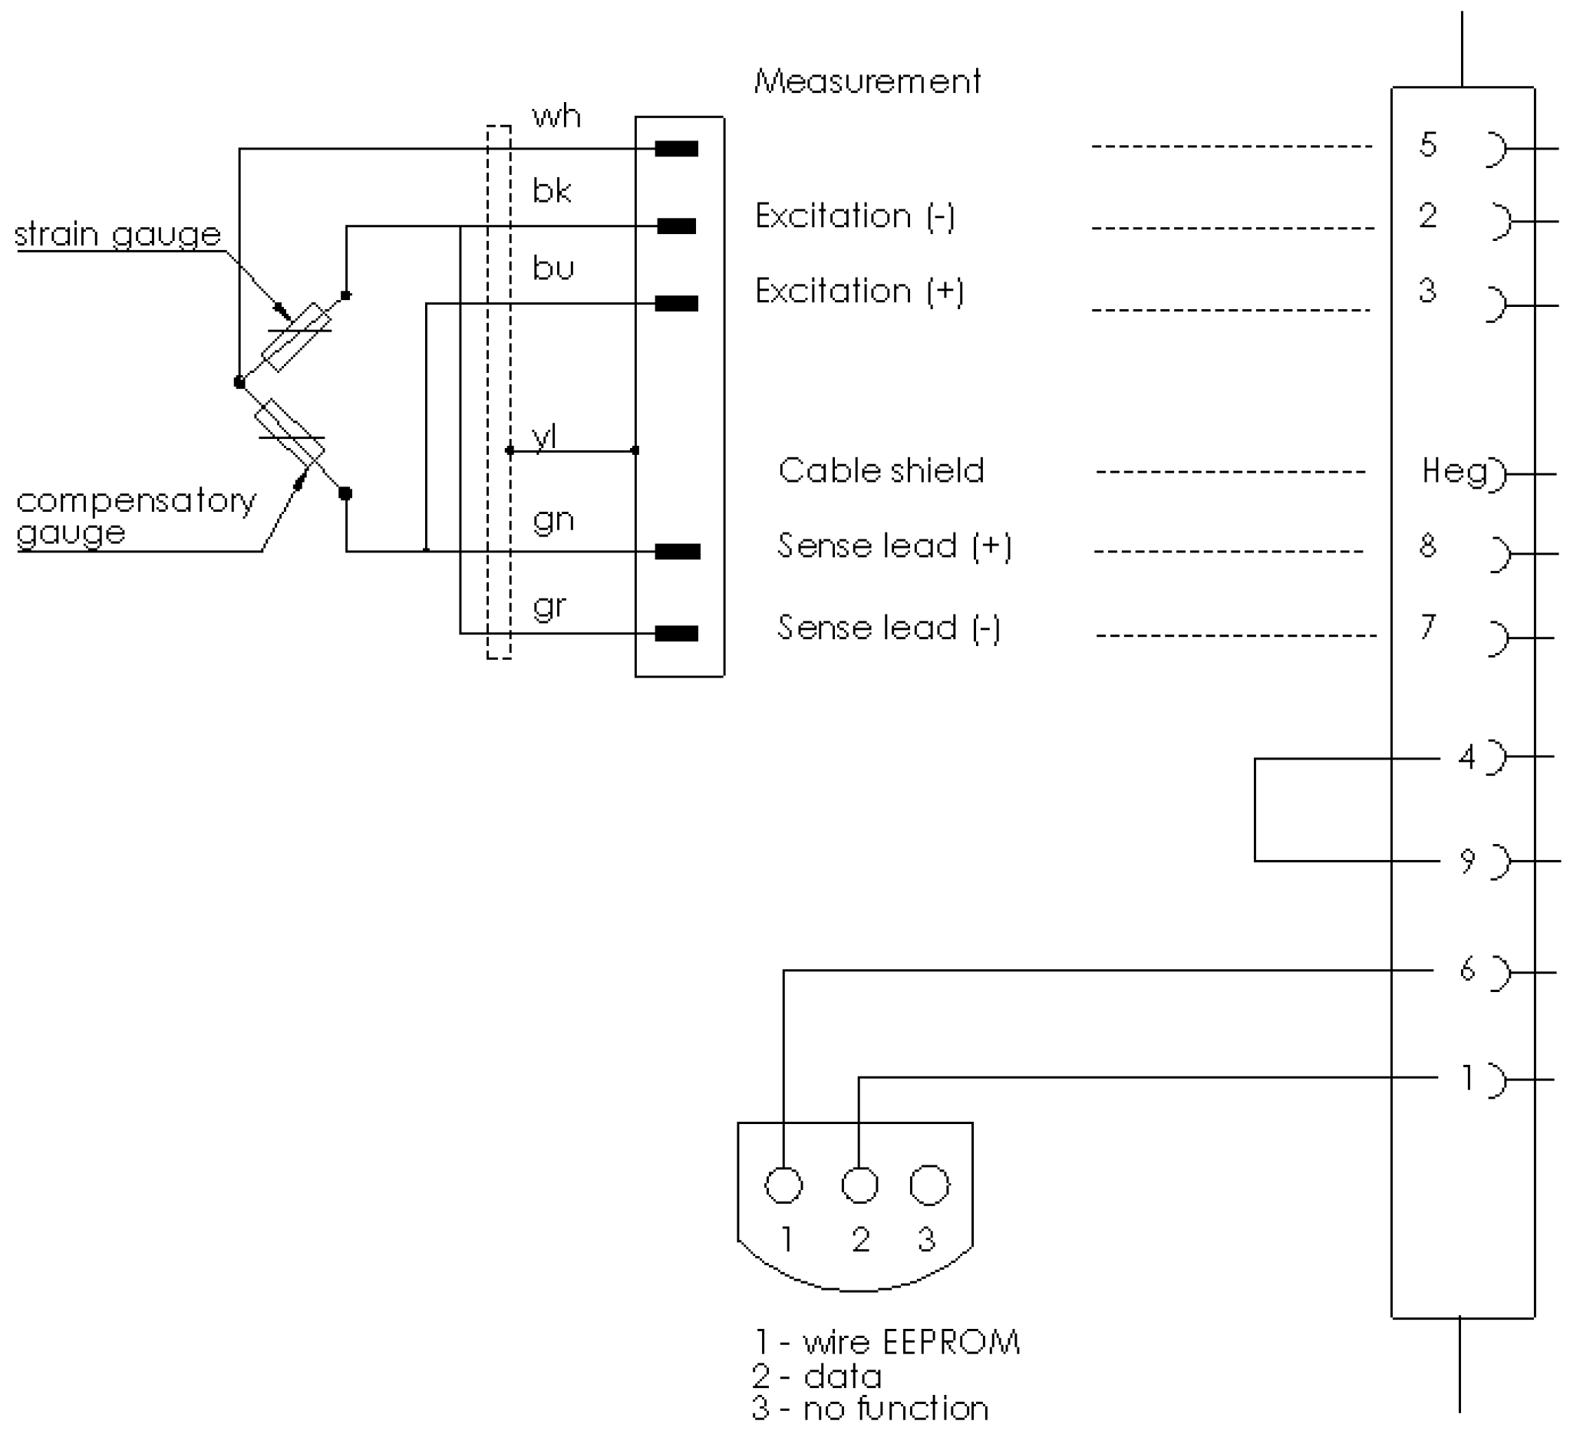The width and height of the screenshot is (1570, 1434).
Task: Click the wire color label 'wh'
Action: (x=556, y=117)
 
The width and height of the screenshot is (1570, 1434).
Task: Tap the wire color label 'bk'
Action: (x=552, y=191)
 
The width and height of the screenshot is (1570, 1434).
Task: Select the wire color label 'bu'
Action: (x=553, y=269)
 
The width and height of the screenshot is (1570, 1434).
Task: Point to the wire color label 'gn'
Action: (x=553, y=520)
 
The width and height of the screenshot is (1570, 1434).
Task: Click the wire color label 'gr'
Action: (x=549, y=606)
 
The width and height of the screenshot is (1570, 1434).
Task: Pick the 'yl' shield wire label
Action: (x=544, y=437)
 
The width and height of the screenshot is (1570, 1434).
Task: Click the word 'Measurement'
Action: (x=867, y=82)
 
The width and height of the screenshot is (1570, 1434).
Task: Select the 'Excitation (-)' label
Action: (x=854, y=216)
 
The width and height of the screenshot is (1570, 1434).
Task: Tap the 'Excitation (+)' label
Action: (x=859, y=291)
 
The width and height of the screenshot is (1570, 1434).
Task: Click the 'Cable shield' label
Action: (x=881, y=470)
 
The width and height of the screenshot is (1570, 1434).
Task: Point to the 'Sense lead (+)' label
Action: (x=894, y=546)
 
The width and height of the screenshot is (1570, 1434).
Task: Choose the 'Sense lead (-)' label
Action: (x=889, y=628)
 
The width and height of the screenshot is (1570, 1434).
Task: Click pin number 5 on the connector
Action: (x=1427, y=145)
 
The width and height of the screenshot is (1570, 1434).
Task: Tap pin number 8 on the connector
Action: (x=1427, y=546)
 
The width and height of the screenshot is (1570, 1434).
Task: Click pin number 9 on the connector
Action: (x=1467, y=861)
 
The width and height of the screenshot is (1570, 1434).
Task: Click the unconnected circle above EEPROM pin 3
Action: (x=929, y=1185)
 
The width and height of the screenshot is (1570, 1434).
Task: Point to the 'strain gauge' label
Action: (x=117, y=234)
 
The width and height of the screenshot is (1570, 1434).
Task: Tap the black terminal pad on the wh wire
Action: (x=676, y=149)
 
